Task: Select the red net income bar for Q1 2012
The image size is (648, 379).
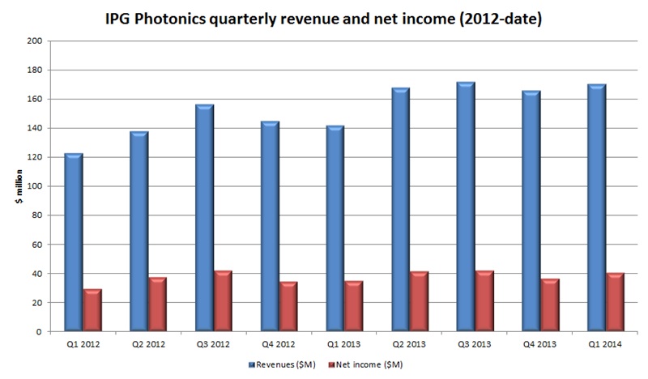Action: tap(93, 310)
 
